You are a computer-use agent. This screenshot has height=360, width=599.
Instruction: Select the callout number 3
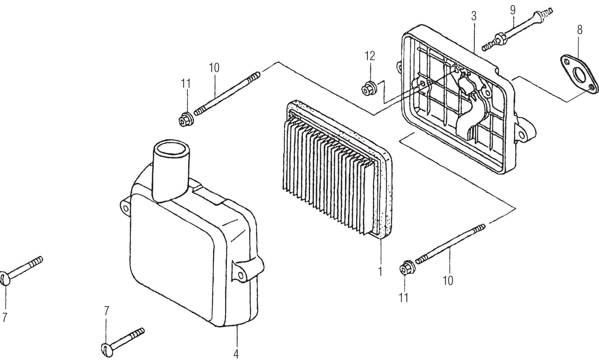[x=474, y=16]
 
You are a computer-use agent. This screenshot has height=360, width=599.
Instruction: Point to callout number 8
[x=579, y=29]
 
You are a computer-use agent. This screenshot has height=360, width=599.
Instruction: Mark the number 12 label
[x=369, y=56]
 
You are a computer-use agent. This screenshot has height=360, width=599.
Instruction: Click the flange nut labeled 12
[x=366, y=89]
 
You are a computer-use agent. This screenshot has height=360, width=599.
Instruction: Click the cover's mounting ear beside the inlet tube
[x=125, y=206]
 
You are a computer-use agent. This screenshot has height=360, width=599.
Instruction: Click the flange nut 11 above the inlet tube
[x=184, y=120]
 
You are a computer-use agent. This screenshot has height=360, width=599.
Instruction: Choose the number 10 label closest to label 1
[x=448, y=281]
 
